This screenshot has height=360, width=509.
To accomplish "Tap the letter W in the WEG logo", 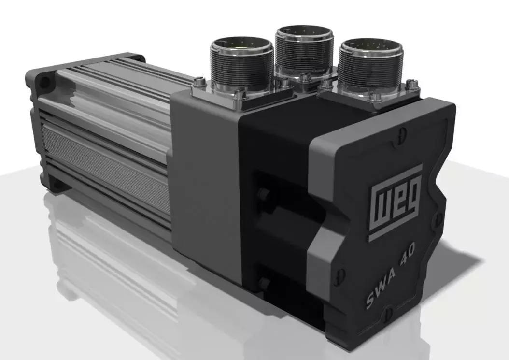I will pyautogui.click(x=381, y=208).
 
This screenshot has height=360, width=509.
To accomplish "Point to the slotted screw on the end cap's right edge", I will pyautogui.click(x=439, y=217).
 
